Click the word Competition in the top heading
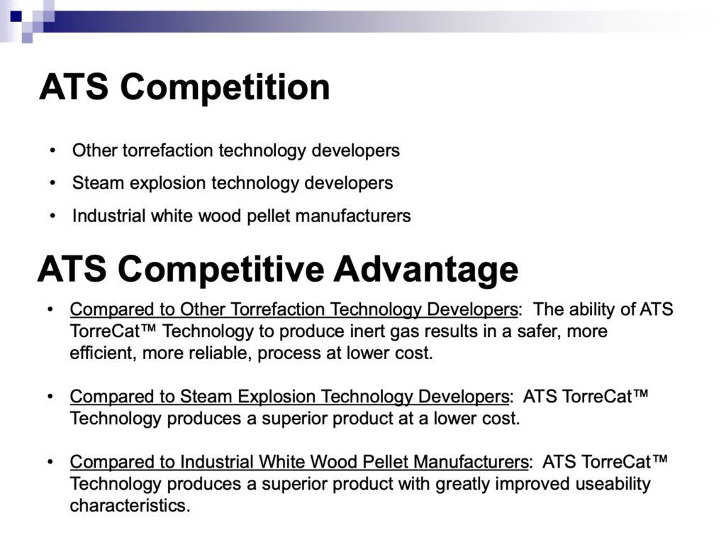(x=225, y=88)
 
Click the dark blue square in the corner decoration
(x=16, y=16)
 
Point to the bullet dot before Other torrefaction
(x=52, y=150)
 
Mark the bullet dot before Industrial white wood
(x=52, y=216)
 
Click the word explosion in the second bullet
(x=168, y=184)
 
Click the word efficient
(x=103, y=353)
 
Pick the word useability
(x=613, y=484)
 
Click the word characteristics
(x=130, y=505)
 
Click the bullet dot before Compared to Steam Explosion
(x=50, y=397)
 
